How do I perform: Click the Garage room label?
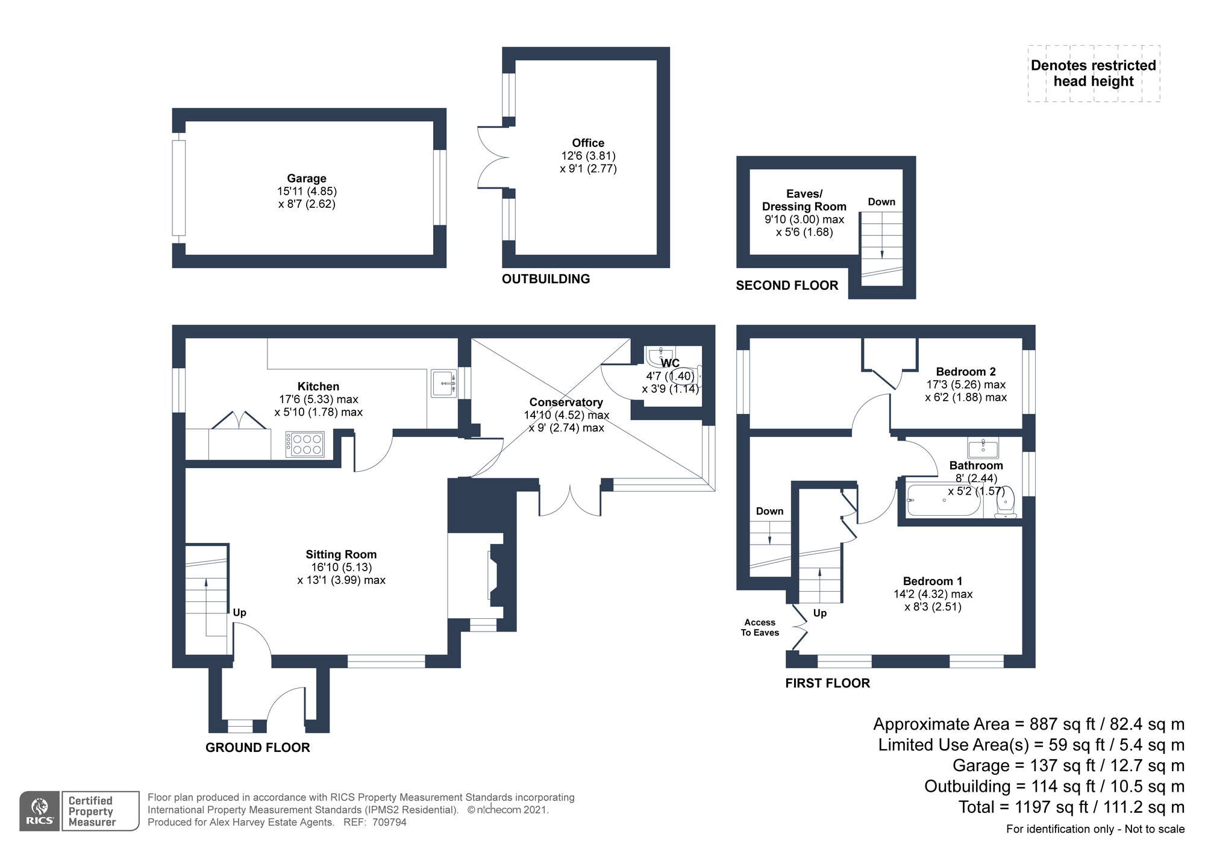tap(307, 178)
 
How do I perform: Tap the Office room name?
tap(588, 143)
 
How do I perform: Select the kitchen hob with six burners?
tap(305, 444)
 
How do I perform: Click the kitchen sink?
tap(445, 383)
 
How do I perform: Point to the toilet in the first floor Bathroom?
tap(1006, 503)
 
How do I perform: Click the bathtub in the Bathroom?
tap(944, 500)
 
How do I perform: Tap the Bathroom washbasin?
tap(983, 448)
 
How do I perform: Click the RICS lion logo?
tap(40, 810)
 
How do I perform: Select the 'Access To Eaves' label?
tap(760, 627)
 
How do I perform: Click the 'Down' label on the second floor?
tap(881, 202)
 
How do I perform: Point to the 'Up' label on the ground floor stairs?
tap(239, 613)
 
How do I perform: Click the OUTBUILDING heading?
tap(546, 279)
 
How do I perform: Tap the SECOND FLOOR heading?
tap(787, 286)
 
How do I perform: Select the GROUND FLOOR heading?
tap(258, 748)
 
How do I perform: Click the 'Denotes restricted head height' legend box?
tap(1094, 74)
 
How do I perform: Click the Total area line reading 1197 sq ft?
tap(1071, 807)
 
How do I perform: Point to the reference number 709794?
tap(389, 822)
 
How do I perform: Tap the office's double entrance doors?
tap(493, 158)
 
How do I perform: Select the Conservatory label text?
tap(566, 402)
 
